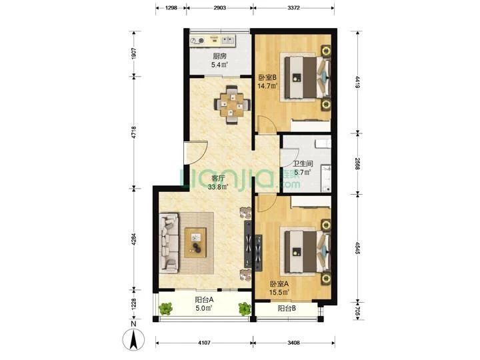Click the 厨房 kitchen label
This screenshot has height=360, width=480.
pyautogui.click(x=219, y=56)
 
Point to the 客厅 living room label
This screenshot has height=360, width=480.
pyautogui.click(x=218, y=179)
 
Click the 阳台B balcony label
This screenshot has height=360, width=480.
pyautogui.click(x=287, y=309)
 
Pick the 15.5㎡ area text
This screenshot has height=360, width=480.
pyautogui.click(x=279, y=293)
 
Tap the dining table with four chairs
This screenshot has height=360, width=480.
pyautogui.click(x=233, y=105)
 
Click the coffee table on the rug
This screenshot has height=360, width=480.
pyautogui.click(x=195, y=243)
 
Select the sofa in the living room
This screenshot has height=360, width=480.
pyautogui.click(x=169, y=243)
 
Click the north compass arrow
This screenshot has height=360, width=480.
pyautogui.click(x=133, y=340)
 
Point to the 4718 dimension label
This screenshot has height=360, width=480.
pyautogui.click(x=134, y=132)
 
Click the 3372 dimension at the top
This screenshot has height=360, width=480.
pyautogui.click(x=293, y=8)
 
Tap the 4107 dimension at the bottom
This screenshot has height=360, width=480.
pyautogui.click(x=204, y=343)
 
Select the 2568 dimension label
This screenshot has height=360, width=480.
pyautogui.click(x=357, y=164)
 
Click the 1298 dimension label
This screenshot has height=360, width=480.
pyautogui.click(x=171, y=8)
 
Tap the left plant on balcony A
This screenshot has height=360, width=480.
pyautogui.click(x=165, y=309)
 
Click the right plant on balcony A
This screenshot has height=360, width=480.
pyautogui.click(x=245, y=309)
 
